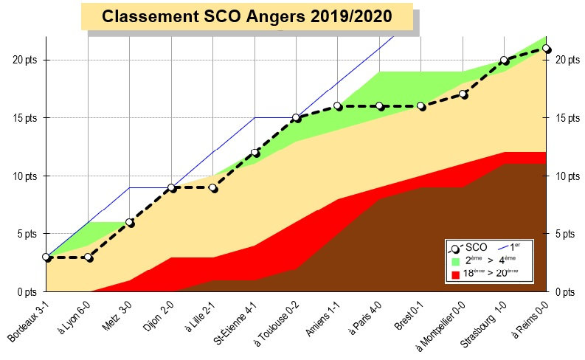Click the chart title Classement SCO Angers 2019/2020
pyautogui.click(x=247, y=16)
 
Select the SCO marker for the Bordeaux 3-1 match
pyautogui.click(x=46, y=257)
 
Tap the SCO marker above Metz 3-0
pyautogui.click(x=130, y=222)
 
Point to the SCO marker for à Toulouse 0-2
pyautogui.click(x=296, y=117)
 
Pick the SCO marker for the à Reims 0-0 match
pyautogui.click(x=546, y=48)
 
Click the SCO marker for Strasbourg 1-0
pyautogui.click(x=504, y=60)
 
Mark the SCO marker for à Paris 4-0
pyautogui.click(x=379, y=105)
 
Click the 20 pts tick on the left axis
pyautogui.click(x=24, y=60)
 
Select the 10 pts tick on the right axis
pyautogui.click(x=567, y=176)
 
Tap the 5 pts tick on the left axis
pyautogui.click(x=27, y=234)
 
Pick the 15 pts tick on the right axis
pyautogui.click(x=567, y=118)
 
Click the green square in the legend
pyautogui.click(x=455, y=260)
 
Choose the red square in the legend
pyautogui.click(x=455, y=274)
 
